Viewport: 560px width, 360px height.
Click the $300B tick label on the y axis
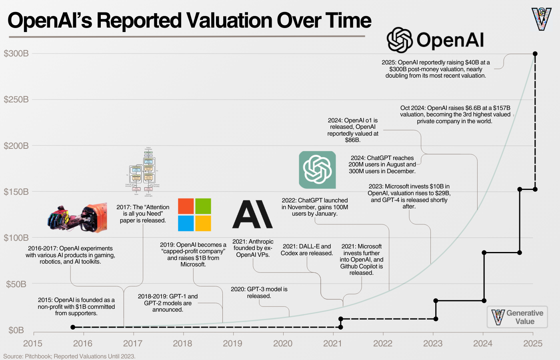tap(16, 54)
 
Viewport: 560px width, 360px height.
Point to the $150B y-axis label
tap(16, 192)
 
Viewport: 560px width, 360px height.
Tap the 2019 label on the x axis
tap(232, 343)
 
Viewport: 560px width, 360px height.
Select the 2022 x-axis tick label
tap(383, 343)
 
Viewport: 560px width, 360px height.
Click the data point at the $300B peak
tap(535, 54)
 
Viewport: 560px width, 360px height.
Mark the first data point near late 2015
tap(73, 327)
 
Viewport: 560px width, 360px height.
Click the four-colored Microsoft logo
tap(194, 215)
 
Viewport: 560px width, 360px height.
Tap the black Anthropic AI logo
tap(252, 214)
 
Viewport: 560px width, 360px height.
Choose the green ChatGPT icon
tap(317, 170)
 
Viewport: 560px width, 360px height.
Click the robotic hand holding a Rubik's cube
tap(78, 218)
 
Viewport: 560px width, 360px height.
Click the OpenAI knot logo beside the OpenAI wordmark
tap(400, 40)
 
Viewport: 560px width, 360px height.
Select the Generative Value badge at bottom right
tap(517, 317)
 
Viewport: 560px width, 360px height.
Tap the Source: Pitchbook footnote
tap(69, 356)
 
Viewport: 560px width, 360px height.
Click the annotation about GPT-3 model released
tap(259, 292)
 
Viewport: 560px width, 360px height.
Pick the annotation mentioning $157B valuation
tap(455, 114)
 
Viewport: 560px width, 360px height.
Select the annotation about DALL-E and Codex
tap(307, 250)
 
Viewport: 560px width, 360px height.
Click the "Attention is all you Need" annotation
tap(143, 214)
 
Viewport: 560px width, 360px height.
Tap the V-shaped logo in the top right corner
tap(542, 19)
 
